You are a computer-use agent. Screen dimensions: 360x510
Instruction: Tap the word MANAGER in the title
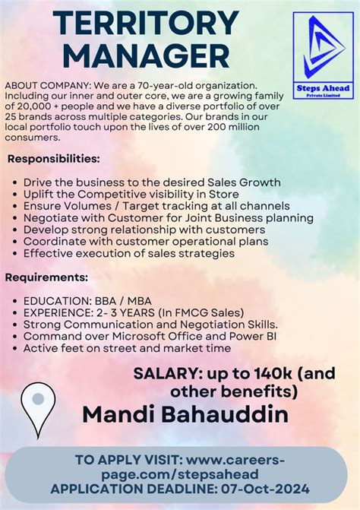pyautogui.click(x=134, y=55)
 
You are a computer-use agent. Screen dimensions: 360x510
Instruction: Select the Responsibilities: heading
pyautogui.click(x=54, y=159)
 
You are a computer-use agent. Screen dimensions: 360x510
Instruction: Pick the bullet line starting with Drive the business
pyautogui.click(x=152, y=182)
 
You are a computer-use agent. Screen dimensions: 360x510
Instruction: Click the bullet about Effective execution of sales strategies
pyautogui.click(x=129, y=253)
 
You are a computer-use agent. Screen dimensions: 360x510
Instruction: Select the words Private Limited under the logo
pyautogui.click(x=322, y=95)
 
